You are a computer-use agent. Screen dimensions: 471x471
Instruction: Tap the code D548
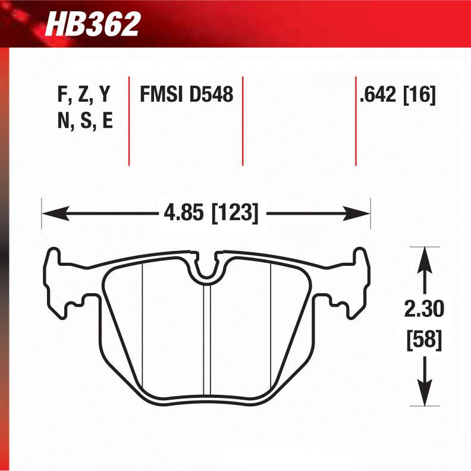pyautogui.click(x=211, y=95)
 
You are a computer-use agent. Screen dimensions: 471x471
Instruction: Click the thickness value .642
pyautogui.click(x=378, y=95)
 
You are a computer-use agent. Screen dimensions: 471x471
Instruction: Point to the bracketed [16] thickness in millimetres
pyautogui.click(x=420, y=95)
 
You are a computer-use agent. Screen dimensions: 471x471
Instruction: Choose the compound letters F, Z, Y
pyautogui.click(x=83, y=95)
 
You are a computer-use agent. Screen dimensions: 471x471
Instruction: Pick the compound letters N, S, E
pyautogui.click(x=83, y=121)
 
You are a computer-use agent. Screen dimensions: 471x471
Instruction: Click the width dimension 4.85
pyautogui.click(x=184, y=212)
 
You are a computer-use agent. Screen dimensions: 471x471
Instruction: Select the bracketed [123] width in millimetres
pyautogui.click(x=234, y=212)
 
